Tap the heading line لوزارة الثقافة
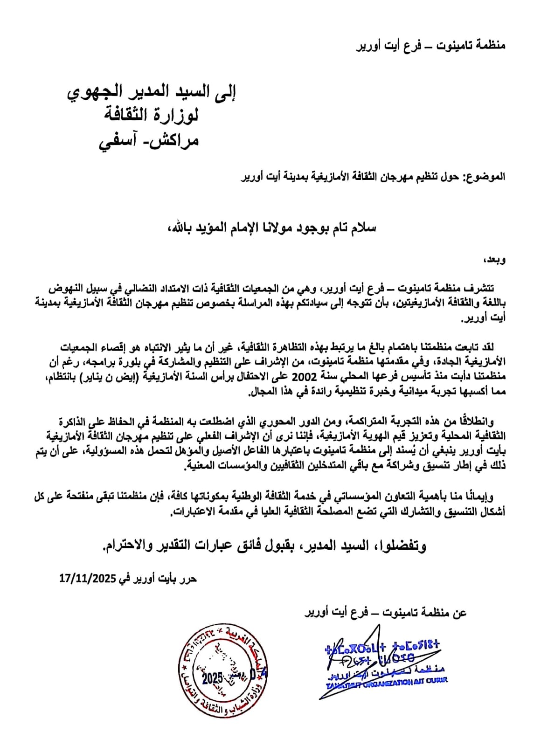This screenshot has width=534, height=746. click(x=151, y=115)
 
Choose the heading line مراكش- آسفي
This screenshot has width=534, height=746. click(x=149, y=139)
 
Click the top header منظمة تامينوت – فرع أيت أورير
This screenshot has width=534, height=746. click(x=431, y=45)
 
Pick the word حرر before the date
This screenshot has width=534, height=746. click(x=188, y=579)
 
